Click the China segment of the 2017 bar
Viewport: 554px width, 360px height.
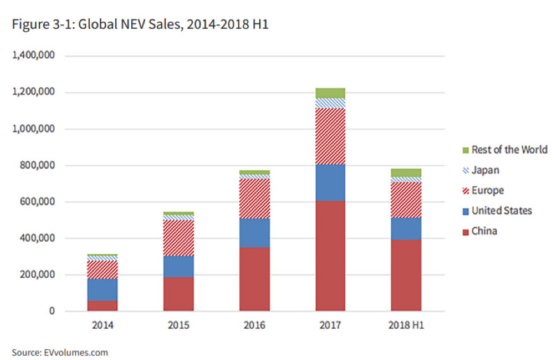pyautogui.click(x=330, y=256)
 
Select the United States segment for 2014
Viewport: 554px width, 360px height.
pyautogui.click(x=103, y=289)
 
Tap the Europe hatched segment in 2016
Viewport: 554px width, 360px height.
pyautogui.click(x=254, y=198)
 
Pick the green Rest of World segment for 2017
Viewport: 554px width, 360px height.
pyautogui.click(x=330, y=93)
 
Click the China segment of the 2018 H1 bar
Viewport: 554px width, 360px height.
pyautogui.click(x=406, y=275)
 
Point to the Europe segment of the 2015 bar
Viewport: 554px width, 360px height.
pyautogui.click(x=178, y=238)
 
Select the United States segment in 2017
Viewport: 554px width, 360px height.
pyautogui.click(x=330, y=183)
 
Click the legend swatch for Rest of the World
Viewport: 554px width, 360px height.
pyautogui.click(x=465, y=150)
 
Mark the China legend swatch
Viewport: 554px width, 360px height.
pyautogui.click(x=465, y=231)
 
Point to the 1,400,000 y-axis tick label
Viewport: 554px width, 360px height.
pyautogui.click(x=34, y=56)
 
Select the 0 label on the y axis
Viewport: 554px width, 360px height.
pyautogui.click(x=53, y=312)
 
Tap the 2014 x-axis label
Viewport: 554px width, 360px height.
pyautogui.click(x=103, y=326)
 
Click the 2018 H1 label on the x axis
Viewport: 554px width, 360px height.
pyautogui.click(x=406, y=326)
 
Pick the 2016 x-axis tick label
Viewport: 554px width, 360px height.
pyautogui.click(x=254, y=326)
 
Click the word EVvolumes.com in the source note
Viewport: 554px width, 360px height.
pyautogui.click(x=76, y=352)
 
